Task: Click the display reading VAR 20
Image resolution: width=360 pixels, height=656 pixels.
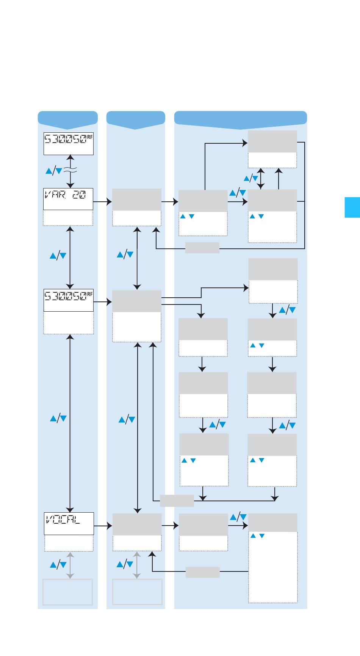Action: pyautogui.click(x=68, y=199)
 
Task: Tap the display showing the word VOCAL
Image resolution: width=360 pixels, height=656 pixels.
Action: pyautogui.click(x=69, y=523)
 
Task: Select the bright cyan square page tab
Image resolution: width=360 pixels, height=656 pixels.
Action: pyautogui.click(x=352, y=207)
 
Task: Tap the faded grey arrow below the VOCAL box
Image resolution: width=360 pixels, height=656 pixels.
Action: pyautogui.click(x=70, y=565)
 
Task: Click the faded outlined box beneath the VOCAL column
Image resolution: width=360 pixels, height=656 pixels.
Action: pyautogui.click(x=67, y=592)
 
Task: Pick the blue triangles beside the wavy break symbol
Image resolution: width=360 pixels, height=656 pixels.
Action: pyautogui.click(x=54, y=171)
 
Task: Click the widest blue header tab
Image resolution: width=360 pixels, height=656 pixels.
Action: pyautogui.click(x=240, y=118)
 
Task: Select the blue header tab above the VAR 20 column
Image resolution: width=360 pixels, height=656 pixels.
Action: pyautogui.click(x=67, y=118)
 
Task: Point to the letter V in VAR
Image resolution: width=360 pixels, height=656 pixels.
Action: pyautogui.click(x=49, y=195)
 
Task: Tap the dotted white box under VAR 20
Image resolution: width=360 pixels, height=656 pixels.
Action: pyautogui.click(x=68, y=218)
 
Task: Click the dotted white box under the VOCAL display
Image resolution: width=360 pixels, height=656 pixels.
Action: pyautogui.click(x=69, y=543)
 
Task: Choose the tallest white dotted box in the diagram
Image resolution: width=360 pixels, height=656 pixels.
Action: pyautogui.click(x=273, y=567)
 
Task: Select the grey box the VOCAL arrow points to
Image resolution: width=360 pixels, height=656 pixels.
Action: pyautogui.click(x=137, y=524)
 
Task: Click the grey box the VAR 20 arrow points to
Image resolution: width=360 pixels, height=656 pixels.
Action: pyautogui.click(x=137, y=199)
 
